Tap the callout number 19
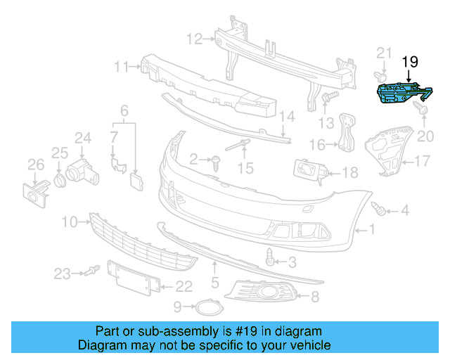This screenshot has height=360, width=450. point(409,63)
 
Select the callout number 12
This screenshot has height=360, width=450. point(194,38)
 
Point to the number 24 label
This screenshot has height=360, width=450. point(84,138)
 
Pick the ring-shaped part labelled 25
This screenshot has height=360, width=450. point(60,179)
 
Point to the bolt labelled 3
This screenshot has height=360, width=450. point(271,257)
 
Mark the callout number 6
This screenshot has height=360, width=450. point(124,110)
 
